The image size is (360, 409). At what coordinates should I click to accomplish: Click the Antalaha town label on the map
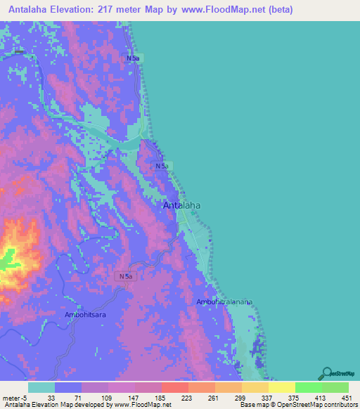coord(182,205)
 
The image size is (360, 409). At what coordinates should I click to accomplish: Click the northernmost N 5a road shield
coord(133,58)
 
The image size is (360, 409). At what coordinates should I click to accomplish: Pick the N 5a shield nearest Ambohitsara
coord(125,277)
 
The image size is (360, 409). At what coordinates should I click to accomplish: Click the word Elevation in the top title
coord(79,10)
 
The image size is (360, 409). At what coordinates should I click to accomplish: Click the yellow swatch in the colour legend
coord(281,387)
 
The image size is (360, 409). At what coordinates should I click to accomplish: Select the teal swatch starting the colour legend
coord(41,387)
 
